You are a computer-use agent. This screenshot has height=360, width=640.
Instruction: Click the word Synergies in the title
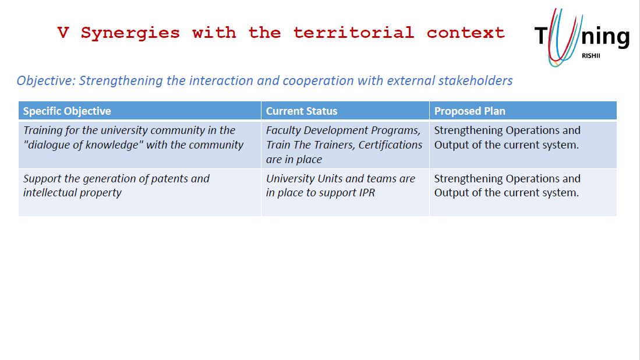coord(130,33)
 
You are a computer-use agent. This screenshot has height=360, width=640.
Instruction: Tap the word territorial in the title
coord(353,32)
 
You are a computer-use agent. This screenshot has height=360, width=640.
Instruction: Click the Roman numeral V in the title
coord(63,33)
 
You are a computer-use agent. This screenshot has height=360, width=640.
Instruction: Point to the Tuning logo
coord(582,37)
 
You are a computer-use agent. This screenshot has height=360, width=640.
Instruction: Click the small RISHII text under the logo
coord(591,55)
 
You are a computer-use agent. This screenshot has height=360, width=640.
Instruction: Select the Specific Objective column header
coord(67,111)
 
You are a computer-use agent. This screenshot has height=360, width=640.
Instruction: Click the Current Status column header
coord(302,111)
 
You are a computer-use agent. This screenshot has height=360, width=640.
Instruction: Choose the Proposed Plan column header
coord(470,111)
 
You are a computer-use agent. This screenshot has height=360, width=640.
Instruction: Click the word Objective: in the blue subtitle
coord(46,81)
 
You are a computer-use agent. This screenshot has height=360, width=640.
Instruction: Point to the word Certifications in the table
coord(390,145)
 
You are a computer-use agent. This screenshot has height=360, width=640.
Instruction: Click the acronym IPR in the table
coord(367,193)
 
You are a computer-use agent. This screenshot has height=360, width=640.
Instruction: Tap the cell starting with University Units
coord(345,192)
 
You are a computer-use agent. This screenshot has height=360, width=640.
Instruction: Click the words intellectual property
coord(72,193)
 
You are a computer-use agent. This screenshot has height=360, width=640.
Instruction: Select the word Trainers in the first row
coord(333,145)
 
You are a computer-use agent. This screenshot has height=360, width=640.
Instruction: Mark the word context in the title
coord(466,33)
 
